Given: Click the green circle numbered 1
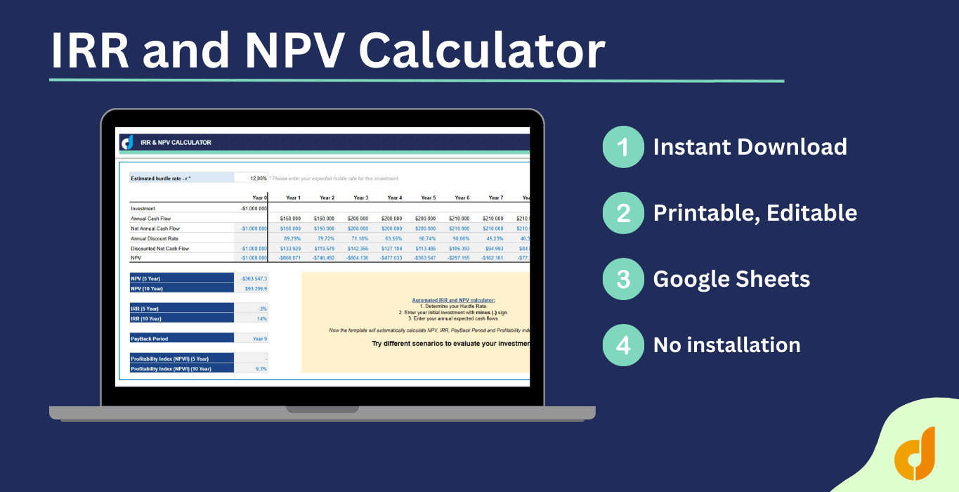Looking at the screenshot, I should [623, 147].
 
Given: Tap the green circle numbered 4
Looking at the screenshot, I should [623, 345].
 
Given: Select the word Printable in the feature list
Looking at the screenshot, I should [703, 213].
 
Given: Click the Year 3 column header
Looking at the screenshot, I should [360, 198].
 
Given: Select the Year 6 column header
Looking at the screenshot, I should [462, 198].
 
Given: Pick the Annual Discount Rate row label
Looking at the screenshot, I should [155, 238].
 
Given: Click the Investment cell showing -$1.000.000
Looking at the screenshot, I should [254, 209].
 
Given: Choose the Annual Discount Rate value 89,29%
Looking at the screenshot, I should [292, 238].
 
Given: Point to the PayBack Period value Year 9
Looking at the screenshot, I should [260, 338].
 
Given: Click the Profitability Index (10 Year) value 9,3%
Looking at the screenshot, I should [261, 368].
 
